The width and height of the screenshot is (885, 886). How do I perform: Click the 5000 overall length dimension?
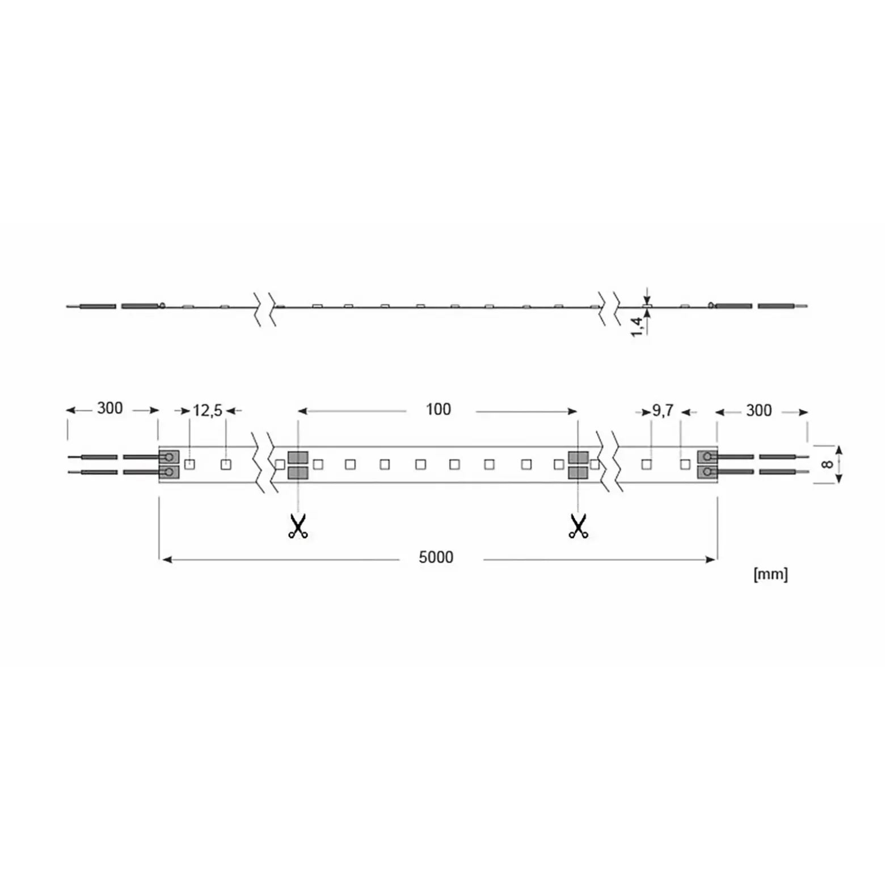tap(436, 557)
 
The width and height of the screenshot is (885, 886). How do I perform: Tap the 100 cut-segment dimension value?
tap(438, 409)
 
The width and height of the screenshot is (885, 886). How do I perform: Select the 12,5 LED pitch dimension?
tap(208, 410)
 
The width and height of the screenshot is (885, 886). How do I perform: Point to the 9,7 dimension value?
tap(663, 410)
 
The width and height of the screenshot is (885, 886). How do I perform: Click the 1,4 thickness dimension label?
tap(638, 326)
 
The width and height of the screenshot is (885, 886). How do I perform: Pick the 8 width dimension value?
tap(827, 464)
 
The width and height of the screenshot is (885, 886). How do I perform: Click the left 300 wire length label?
tap(109, 408)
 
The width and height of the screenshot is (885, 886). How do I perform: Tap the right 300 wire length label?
tap(758, 410)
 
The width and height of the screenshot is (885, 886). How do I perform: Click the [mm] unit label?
tap(770, 574)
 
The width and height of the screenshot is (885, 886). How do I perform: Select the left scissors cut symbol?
tap(298, 526)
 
